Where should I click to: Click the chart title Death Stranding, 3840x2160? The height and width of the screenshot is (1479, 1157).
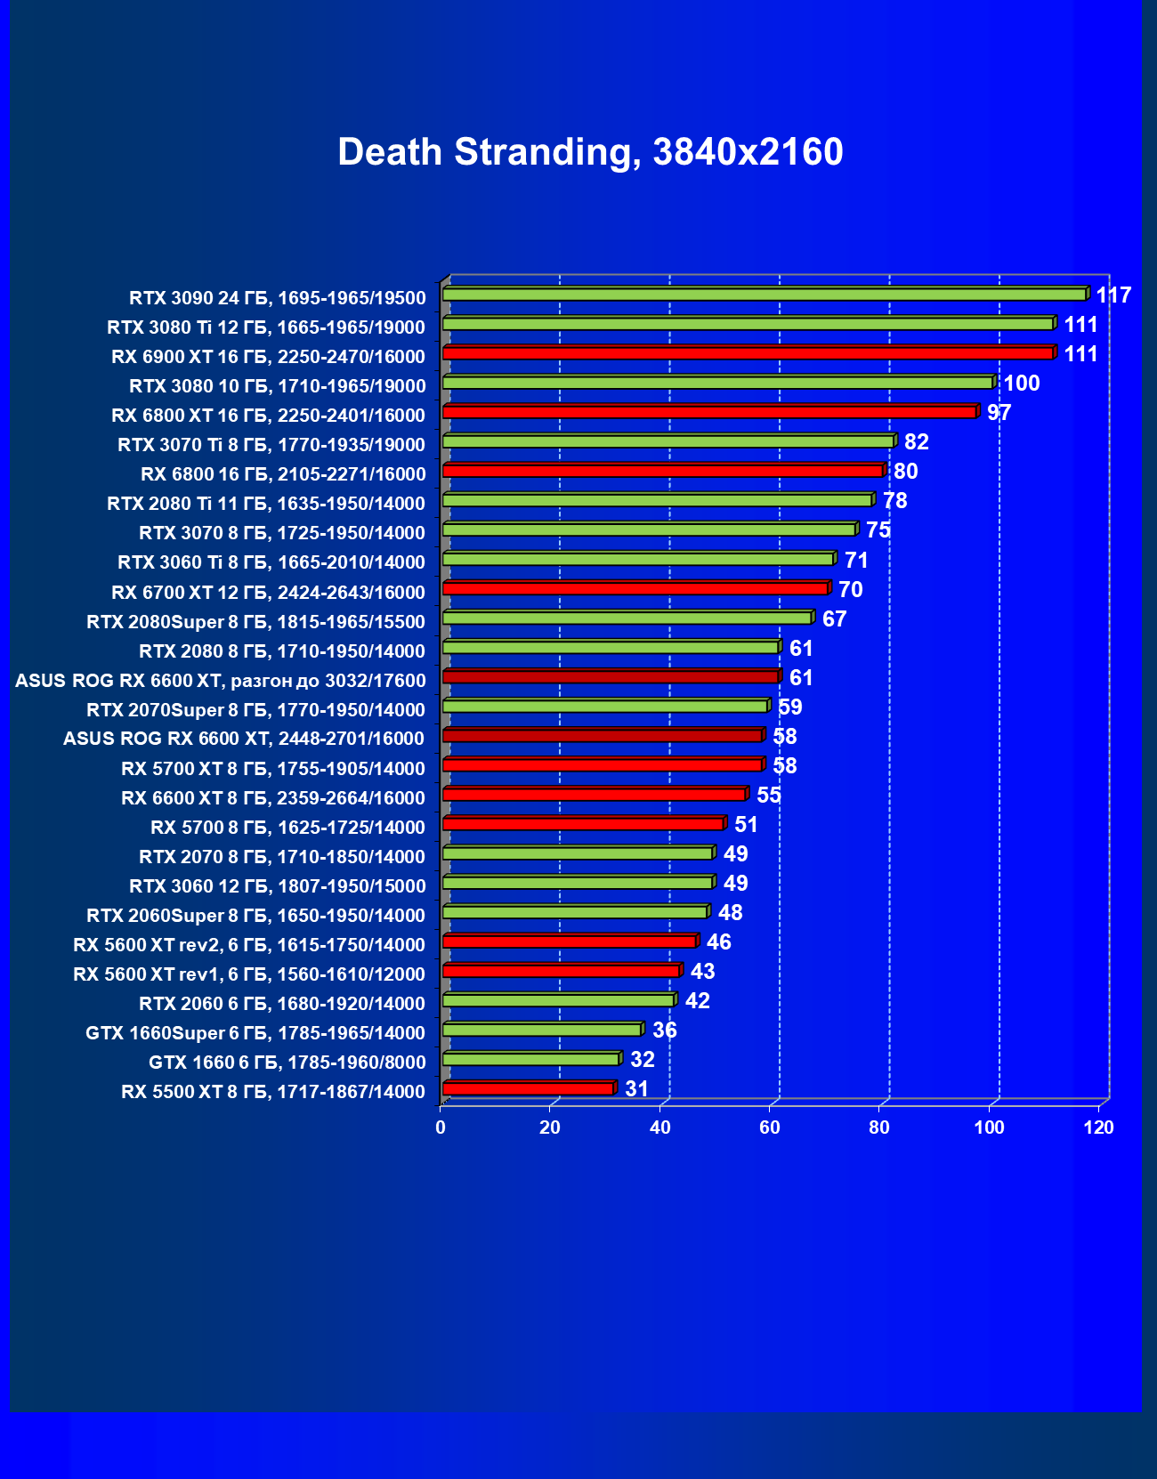click(590, 152)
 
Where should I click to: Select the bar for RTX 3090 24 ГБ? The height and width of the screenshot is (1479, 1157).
click(764, 295)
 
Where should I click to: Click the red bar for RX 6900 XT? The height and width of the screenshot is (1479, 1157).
click(748, 353)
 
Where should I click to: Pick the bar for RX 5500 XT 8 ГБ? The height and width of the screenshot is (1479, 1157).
click(528, 1089)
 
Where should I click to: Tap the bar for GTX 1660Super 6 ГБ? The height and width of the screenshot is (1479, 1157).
click(541, 1030)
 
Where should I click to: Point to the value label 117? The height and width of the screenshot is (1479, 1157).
click(1113, 295)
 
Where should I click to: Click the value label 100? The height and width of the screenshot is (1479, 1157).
click(1022, 384)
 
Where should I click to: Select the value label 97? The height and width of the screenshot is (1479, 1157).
click(999, 413)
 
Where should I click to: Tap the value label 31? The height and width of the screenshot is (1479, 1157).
click(636, 1089)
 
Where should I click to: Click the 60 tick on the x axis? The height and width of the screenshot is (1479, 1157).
click(770, 1128)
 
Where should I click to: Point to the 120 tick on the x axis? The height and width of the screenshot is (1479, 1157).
click(1099, 1128)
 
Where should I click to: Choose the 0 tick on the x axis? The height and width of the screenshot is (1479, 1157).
click(441, 1128)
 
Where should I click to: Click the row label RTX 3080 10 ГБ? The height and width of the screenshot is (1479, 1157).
click(277, 386)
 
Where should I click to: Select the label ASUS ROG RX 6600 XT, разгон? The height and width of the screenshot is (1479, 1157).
click(220, 681)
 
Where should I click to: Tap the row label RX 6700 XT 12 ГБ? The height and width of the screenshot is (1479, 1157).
click(268, 593)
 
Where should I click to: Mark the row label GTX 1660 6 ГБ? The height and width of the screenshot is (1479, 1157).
click(287, 1063)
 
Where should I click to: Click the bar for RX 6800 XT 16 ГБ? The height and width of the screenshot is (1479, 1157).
click(709, 412)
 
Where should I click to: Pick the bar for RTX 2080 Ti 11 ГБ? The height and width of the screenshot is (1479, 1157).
click(657, 500)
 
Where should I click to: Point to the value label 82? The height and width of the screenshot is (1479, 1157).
click(916, 442)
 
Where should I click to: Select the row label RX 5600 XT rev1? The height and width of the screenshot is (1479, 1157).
click(248, 974)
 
